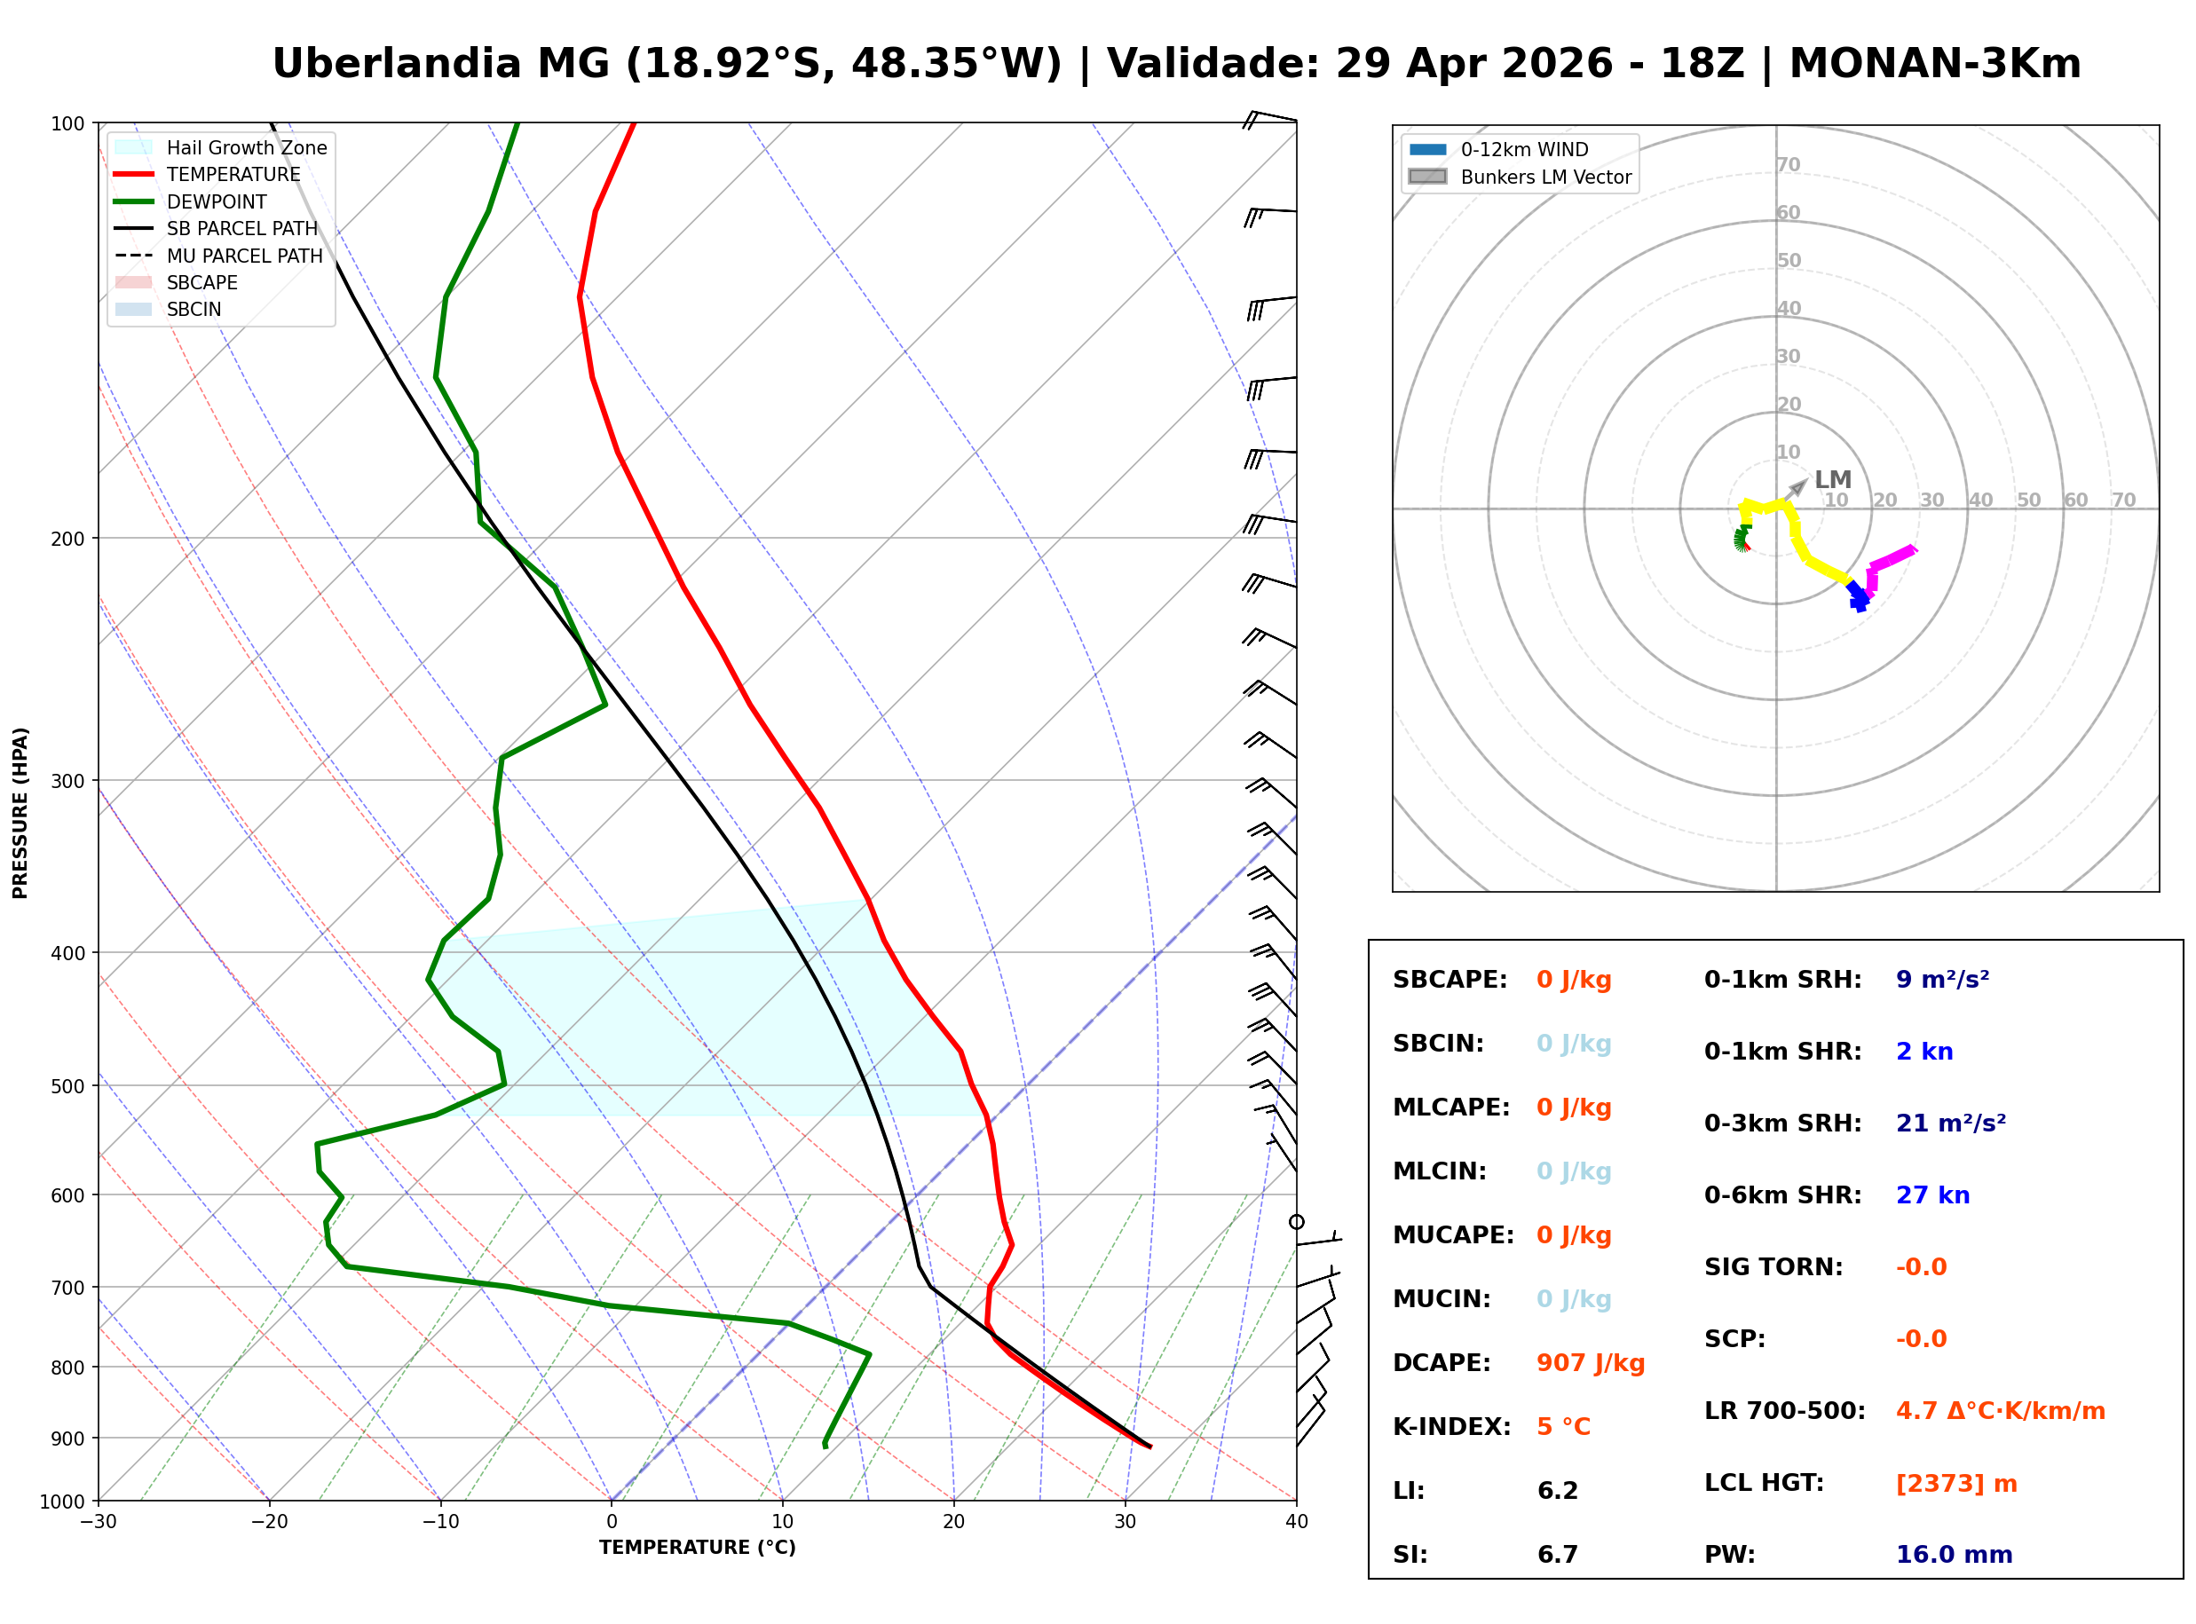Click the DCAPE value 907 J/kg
pos(1590,1362)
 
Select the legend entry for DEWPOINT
pos(217,201)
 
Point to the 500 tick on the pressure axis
pos(67,1086)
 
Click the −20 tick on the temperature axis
pos(269,1522)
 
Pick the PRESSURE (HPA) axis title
pos(20,812)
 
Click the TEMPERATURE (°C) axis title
pos(697,1548)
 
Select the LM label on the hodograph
pos(1832,480)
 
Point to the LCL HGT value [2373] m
pos(1956,1484)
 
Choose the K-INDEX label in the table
pos(1451,1426)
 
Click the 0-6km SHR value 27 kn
pos(1932,1195)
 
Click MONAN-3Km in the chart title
pos(1934,64)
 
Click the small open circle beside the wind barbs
pos(1297,1222)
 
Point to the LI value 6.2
pos(1557,1490)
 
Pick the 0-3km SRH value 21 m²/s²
pos(1950,1123)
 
